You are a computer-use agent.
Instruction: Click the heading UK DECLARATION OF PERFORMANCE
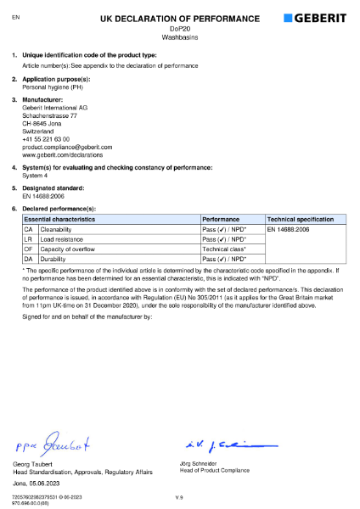[x=180, y=18]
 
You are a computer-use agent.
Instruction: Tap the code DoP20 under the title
[x=180, y=30]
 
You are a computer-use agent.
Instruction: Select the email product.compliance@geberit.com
[x=67, y=147]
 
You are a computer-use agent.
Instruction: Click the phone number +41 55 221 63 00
[x=46, y=138]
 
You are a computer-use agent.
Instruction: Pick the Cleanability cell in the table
[x=56, y=229]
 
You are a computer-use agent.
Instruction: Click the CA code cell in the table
[x=28, y=229]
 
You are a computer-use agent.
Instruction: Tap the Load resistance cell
[x=59, y=239]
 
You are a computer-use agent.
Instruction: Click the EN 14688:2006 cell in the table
[x=291, y=229]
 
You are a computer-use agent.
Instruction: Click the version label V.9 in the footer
[x=179, y=495]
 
